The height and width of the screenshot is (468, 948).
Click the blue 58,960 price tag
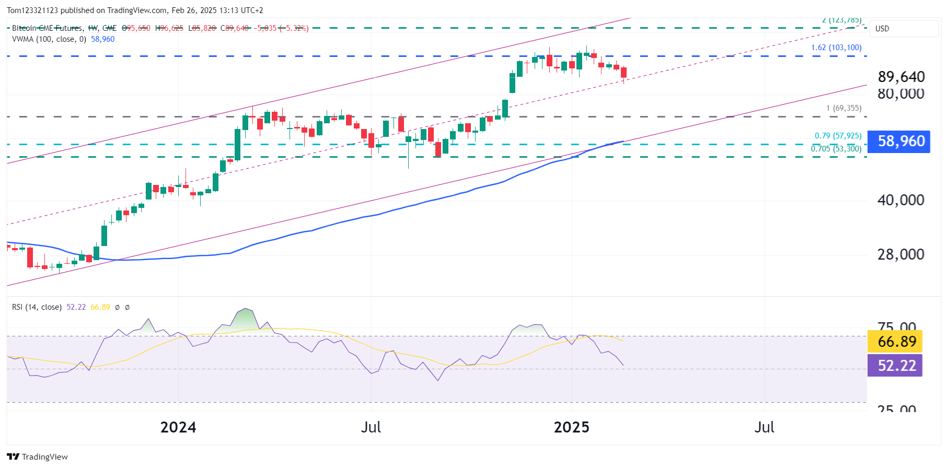tap(898, 142)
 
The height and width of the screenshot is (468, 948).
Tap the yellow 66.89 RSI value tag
tap(895, 342)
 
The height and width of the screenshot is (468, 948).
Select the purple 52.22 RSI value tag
tap(895, 365)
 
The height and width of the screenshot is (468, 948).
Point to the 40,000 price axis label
tap(900, 200)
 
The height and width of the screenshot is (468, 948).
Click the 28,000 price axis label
tap(900, 254)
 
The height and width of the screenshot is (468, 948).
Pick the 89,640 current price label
tap(901, 77)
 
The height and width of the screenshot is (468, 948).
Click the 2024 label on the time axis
tap(178, 427)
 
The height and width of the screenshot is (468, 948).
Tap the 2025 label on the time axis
tap(571, 427)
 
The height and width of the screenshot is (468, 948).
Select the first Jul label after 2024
tap(371, 427)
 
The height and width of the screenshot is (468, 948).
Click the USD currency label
tap(882, 29)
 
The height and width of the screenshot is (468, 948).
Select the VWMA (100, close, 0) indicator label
tap(49, 39)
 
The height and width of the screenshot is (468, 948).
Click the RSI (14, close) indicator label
tap(37, 307)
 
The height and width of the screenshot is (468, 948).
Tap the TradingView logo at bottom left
tap(37, 457)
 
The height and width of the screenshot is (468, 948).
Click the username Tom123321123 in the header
tap(32, 10)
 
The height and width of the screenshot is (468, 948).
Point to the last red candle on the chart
tap(623, 73)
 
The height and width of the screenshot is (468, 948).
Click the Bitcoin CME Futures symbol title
tap(47, 28)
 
